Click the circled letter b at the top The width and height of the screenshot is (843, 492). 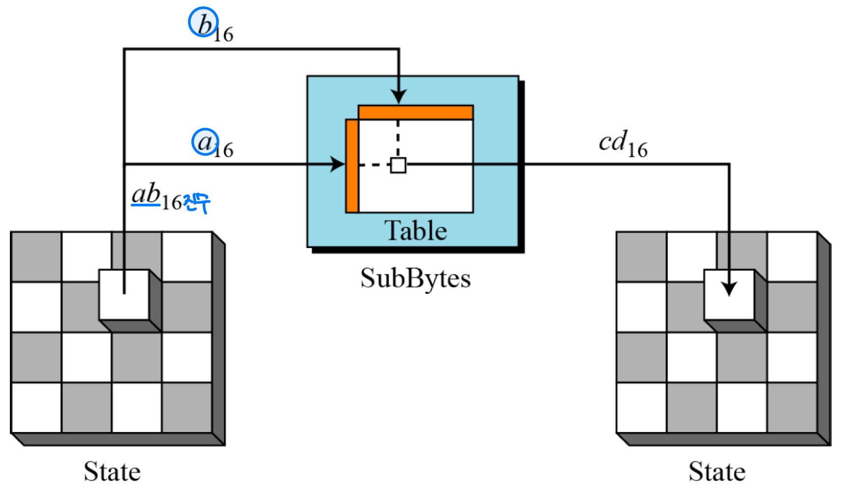tap(203, 23)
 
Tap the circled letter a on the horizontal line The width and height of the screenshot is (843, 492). tap(205, 142)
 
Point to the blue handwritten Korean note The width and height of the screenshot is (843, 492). tap(197, 202)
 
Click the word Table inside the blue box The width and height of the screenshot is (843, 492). tap(416, 230)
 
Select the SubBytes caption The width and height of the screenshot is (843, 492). tap(416, 278)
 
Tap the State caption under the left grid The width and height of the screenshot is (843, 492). tap(112, 471)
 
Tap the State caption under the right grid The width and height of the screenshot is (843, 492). tap(717, 471)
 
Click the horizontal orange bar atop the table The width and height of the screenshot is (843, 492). tap(416, 112)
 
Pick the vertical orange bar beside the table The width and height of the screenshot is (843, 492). tap(352, 166)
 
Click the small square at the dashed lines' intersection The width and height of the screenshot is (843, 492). tap(398, 165)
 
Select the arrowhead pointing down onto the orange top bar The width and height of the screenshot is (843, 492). tap(398, 96)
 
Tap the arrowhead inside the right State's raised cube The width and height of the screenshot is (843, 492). tap(729, 288)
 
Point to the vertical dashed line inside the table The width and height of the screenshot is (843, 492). tap(398, 138)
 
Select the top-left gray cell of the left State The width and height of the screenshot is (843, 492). tap(36, 257)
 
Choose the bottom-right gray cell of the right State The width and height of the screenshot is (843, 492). tap(791, 407)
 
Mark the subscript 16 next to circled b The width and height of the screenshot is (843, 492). tap(224, 34)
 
